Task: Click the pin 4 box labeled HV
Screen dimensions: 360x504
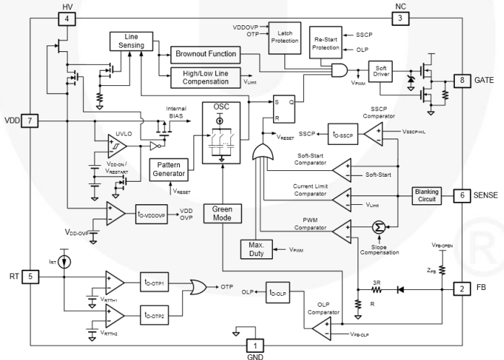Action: point(66,18)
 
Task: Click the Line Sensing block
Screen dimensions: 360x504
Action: point(131,41)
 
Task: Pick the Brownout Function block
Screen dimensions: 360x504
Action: point(207,53)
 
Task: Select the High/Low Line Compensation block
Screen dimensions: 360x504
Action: point(207,76)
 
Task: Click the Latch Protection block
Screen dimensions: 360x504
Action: point(284,35)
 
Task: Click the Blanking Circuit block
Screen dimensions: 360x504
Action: point(429,195)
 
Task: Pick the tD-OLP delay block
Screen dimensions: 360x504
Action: point(282,291)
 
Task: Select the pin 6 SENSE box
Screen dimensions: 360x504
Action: point(460,195)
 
